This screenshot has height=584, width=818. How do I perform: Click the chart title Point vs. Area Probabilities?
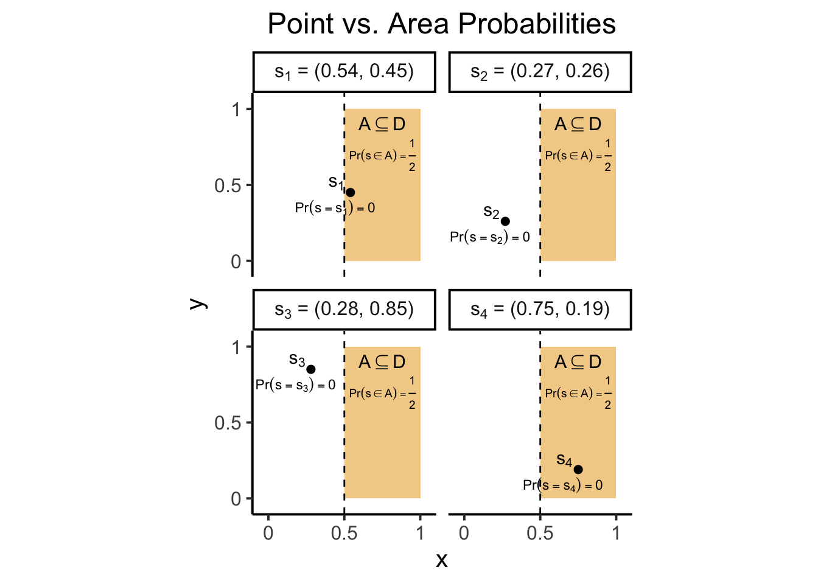pos(441,24)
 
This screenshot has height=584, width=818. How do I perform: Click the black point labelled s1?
pos(350,192)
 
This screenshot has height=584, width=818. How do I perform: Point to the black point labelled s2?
pos(505,221)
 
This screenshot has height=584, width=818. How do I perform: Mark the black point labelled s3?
pos(310,369)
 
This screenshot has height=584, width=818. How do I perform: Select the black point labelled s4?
pos(578,470)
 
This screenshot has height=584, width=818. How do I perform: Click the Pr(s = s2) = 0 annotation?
pos(490,237)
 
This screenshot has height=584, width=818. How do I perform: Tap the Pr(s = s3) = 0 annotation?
pos(295,385)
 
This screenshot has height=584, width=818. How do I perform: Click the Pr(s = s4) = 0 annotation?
pos(563,485)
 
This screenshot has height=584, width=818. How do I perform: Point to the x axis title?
pos(442,560)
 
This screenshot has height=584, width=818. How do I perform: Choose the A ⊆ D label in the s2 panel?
pos(578,125)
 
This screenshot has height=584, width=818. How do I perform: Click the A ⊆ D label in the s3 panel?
pos(382,363)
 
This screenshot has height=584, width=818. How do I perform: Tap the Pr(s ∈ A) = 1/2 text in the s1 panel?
pos(382,155)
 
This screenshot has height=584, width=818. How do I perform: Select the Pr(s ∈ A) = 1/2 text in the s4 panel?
pos(578,393)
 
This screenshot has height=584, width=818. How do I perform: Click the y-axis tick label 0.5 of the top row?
pos(228,186)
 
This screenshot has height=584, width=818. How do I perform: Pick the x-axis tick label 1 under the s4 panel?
pos(616,534)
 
